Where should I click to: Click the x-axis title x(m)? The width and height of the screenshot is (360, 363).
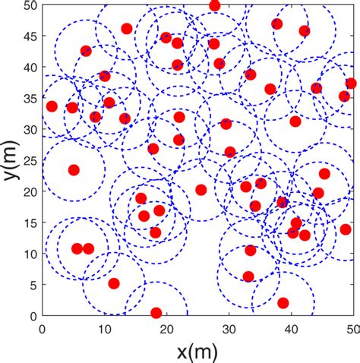(199, 351)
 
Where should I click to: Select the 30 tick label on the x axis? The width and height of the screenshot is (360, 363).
(229, 327)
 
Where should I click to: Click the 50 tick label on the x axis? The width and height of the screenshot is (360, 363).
(351, 327)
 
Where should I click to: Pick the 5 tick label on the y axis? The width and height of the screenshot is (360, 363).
(33, 284)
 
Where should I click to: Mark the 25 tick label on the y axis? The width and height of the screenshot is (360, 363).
(30, 160)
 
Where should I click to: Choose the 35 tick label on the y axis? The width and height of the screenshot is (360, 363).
(30, 98)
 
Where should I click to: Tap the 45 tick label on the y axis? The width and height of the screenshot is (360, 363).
(30, 36)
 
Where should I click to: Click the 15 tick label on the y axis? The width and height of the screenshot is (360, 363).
(30, 223)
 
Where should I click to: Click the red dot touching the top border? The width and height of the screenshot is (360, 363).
(215, 6)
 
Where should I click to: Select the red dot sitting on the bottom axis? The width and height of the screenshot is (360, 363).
(156, 313)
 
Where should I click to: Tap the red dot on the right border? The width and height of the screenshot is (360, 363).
(351, 84)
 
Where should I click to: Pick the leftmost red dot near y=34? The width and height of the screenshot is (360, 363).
(52, 106)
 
